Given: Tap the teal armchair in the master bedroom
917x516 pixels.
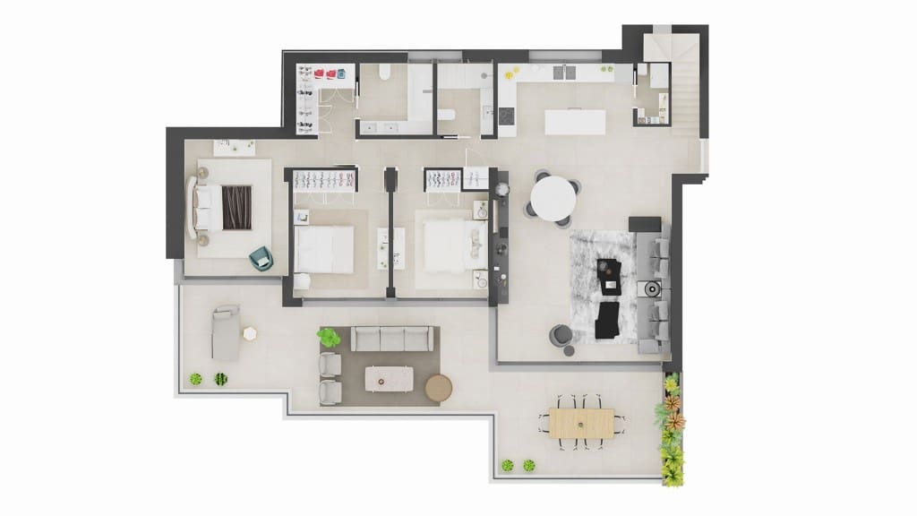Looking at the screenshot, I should pos(261,259).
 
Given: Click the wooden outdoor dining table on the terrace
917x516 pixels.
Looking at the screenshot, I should pos(581,423).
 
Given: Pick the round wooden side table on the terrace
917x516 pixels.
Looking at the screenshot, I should pos(439,387).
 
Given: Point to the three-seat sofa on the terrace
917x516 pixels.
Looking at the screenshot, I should pos(391,339).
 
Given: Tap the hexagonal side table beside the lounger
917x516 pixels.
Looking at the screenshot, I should pos(250,333).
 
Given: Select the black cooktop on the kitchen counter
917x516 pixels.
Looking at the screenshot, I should pos(507,116).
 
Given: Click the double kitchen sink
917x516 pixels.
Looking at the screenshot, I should pos(563,72).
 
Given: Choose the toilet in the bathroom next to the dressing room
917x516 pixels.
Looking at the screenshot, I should pos(383,73).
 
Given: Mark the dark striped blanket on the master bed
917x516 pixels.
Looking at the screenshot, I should pos(236,207).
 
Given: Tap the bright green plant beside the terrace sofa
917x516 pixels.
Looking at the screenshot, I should pos(329,338).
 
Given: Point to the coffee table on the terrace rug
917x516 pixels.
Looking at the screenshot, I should pos(390,379).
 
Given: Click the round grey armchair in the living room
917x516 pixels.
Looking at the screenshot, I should pos(561,336).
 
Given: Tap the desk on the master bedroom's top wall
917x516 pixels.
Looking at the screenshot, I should pos(233,147).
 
